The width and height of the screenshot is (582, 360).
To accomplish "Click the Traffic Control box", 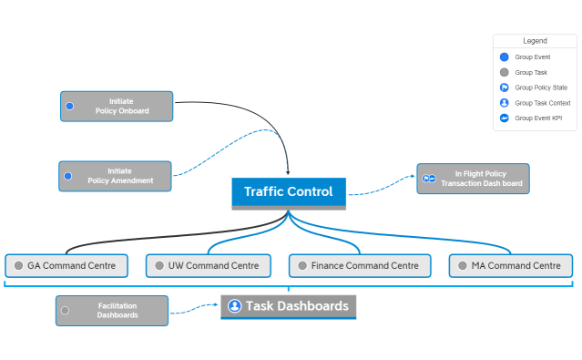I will (289, 192).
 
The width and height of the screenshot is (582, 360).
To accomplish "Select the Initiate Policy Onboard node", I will (117, 106).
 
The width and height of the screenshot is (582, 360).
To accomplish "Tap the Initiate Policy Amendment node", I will (115, 176).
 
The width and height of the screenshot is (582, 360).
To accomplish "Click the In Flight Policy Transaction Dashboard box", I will (473, 178).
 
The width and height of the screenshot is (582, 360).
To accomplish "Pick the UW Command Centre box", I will (208, 266).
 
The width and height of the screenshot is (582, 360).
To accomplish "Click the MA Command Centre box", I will (511, 266).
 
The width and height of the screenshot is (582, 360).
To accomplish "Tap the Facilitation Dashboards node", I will (112, 310).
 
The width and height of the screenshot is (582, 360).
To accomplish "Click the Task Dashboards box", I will (288, 306).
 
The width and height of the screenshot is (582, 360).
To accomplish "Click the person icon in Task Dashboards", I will (234, 306).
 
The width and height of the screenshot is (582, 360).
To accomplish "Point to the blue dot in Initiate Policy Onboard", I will (69, 106).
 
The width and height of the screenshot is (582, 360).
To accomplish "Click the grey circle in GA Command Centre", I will (17, 266).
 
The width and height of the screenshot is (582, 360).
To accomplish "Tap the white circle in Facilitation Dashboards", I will (65, 310).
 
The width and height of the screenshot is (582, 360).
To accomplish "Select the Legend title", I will (535, 41).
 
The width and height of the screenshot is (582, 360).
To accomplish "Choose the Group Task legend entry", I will (530, 72).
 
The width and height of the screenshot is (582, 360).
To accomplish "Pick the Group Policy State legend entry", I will (540, 87).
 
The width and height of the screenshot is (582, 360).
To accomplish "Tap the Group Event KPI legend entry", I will (537, 118).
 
